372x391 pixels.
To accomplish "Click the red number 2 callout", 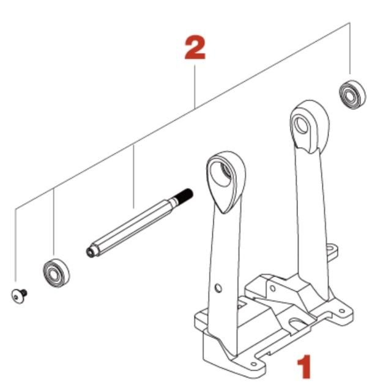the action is tap(195, 48).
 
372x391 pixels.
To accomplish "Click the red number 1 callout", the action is tap(305, 367).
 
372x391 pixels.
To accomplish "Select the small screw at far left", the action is tap(19, 296).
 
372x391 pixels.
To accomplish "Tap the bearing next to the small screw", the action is tap(56, 273).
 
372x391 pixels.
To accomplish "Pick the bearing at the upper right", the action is tap(352, 94).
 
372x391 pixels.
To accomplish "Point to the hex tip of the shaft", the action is tap(91, 252).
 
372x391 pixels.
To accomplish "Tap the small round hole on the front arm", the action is tap(218, 288).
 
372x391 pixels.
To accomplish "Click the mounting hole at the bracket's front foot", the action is tap(254, 364).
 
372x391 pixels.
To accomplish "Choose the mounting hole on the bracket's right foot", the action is tap(341, 311).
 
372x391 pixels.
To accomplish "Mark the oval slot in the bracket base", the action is tap(298, 323).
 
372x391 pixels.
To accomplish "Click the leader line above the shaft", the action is tap(133, 177).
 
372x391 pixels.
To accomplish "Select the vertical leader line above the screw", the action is tap(15, 246).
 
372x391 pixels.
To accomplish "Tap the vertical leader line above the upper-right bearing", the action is tap(349, 48).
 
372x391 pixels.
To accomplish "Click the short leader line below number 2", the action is tap(195, 87).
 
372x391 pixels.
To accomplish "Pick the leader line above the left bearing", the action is tap(54, 222).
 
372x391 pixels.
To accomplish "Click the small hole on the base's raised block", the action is tap(273, 289).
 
